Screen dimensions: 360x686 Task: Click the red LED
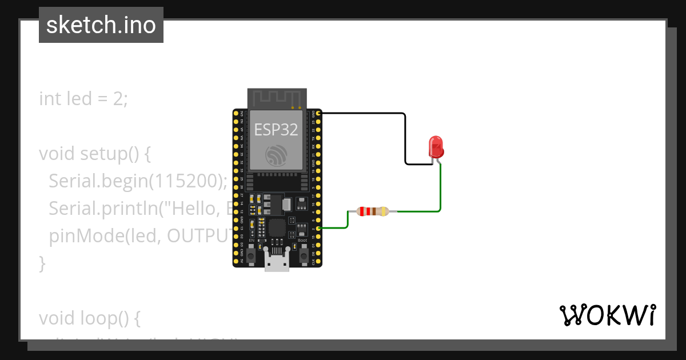pyautogui.click(x=436, y=146)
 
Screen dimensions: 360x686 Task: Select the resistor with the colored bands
pyautogui.click(x=372, y=211)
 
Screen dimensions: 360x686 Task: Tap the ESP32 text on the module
pyautogui.click(x=276, y=129)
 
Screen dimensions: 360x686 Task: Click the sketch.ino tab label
pyautogui.click(x=101, y=25)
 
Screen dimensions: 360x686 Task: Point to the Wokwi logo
pyautogui.click(x=607, y=315)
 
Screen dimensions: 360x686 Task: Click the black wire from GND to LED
pyautogui.click(x=405, y=137)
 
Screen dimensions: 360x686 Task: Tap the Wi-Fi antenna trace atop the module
pyautogui.click(x=277, y=98)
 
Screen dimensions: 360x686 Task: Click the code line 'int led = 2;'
pyautogui.click(x=83, y=99)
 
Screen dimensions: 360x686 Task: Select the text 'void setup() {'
pyautogui.click(x=94, y=154)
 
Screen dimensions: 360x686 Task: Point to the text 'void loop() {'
pyautogui.click(x=89, y=317)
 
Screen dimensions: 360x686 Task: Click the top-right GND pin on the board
pyautogui.click(x=318, y=114)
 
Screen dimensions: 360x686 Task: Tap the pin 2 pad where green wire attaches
pyautogui.click(x=318, y=228)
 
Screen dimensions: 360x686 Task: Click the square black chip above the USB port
pyautogui.click(x=277, y=227)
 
